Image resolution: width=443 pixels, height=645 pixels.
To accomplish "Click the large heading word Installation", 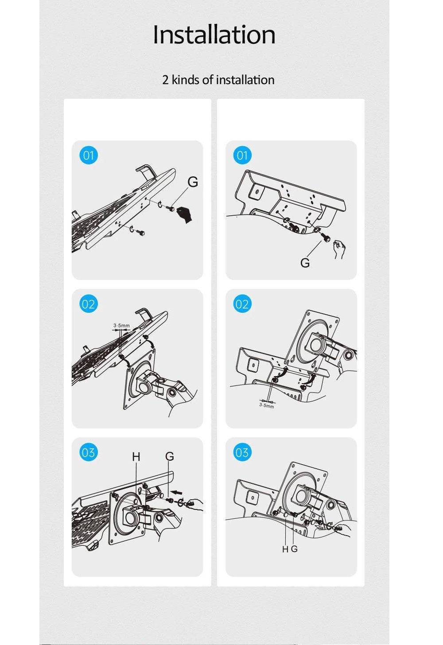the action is (214, 35).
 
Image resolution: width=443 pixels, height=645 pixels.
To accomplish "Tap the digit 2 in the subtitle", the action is (165, 80).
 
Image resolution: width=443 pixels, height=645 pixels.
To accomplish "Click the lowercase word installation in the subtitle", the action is (245, 80).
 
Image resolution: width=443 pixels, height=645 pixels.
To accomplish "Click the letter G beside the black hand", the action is (193, 182).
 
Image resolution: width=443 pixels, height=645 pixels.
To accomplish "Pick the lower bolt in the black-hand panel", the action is (141, 233).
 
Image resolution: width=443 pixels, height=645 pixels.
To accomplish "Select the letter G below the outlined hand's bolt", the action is (305, 263).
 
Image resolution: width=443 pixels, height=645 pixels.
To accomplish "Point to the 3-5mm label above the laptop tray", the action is (121, 326).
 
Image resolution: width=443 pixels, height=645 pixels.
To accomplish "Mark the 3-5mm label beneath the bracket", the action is (266, 406).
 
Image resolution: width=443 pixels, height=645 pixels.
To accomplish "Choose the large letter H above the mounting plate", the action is (136, 457).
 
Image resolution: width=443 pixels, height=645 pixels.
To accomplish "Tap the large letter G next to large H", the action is (170, 456).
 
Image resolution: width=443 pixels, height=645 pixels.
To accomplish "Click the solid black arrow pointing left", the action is (176, 492).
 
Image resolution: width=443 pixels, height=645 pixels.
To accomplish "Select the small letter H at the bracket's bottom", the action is (285, 549).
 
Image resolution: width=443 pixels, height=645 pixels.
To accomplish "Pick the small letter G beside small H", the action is (294, 549).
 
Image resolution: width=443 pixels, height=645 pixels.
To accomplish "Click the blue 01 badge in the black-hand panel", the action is (89, 155).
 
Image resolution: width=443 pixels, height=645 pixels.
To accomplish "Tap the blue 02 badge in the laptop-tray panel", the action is (89, 304).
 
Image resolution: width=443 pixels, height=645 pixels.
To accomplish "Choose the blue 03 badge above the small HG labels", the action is (242, 452).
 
